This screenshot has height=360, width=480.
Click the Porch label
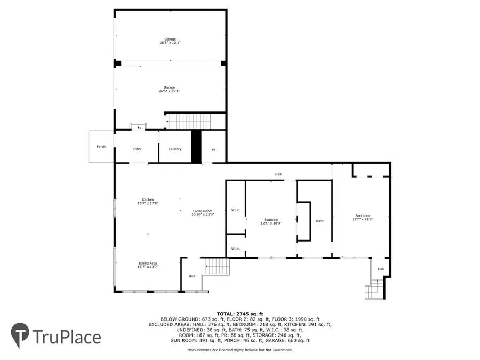point(101,147)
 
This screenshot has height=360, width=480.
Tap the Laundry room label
point(175,149)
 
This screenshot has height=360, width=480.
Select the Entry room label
point(137,149)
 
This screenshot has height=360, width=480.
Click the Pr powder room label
point(213,149)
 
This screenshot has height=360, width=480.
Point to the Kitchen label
point(148,200)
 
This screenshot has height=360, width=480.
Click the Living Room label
point(203,211)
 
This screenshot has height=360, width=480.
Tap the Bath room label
point(320,221)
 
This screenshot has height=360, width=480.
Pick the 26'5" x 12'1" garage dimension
point(170,43)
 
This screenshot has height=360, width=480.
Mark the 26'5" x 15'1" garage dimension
point(170,91)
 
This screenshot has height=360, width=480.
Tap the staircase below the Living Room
point(218,265)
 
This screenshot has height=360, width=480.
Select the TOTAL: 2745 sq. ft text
point(240,314)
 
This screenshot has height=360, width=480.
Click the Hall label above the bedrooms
point(278,175)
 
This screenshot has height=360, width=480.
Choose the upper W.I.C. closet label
point(236,210)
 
